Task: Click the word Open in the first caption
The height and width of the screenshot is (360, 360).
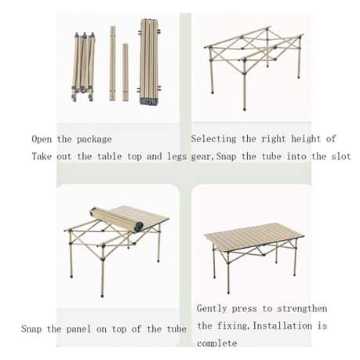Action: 42,139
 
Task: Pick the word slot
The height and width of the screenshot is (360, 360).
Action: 339,156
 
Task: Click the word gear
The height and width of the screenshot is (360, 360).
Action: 201,156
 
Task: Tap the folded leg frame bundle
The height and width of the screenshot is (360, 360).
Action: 83,67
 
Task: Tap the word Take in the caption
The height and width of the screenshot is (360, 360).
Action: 42,156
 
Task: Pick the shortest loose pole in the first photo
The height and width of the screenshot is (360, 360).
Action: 125,72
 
